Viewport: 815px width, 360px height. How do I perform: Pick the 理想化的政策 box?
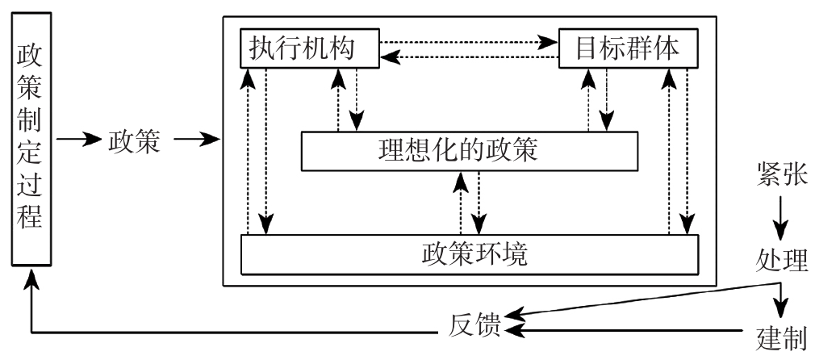point(469,150)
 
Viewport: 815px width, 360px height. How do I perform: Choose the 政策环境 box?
point(469,253)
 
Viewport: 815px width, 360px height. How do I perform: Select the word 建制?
point(781,332)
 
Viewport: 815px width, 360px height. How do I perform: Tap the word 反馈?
point(474,329)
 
